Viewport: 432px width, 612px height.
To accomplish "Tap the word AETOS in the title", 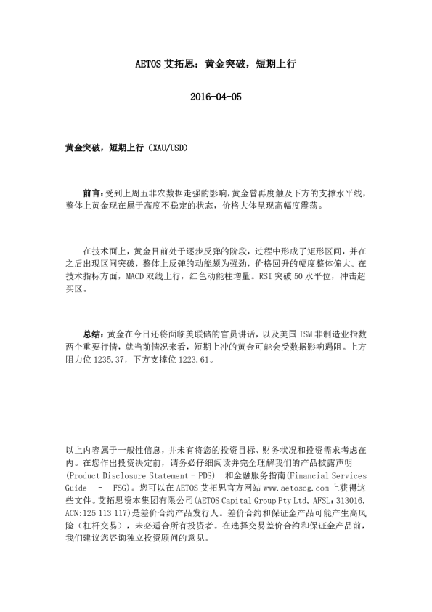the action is (150, 63).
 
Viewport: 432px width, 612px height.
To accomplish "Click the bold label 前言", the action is (91, 193).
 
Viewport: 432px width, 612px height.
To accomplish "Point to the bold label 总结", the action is (91, 334).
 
